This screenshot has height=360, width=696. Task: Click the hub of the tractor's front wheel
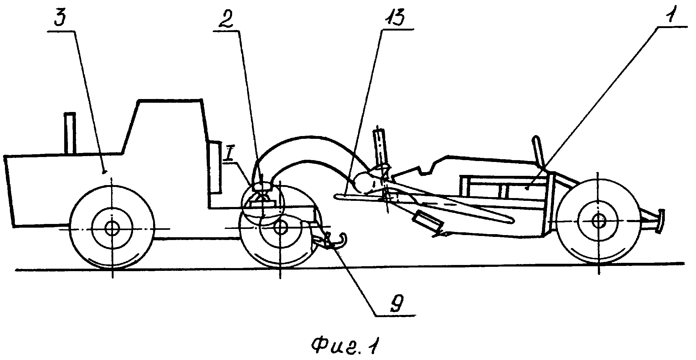tap(112, 229)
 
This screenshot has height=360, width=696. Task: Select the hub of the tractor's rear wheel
tap(280, 227)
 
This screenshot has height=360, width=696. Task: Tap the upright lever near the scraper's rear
tap(540, 153)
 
